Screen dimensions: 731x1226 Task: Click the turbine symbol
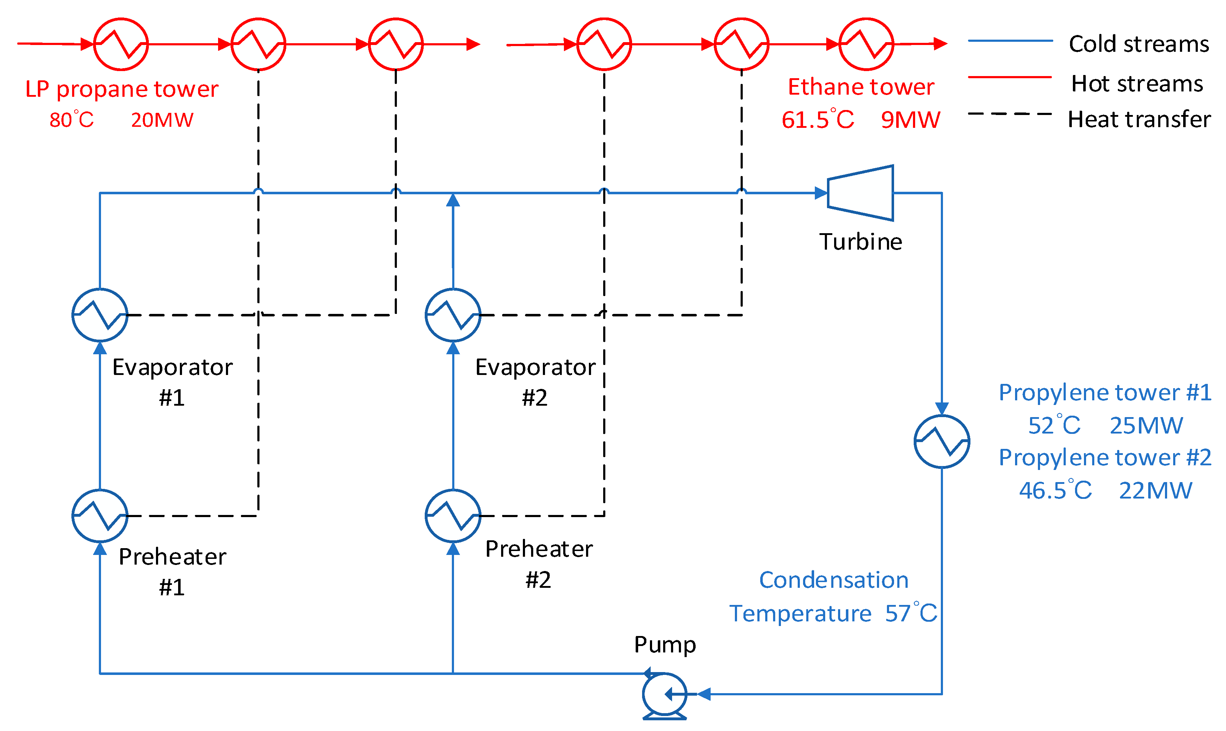pos(861,193)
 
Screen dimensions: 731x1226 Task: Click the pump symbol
pos(665,695)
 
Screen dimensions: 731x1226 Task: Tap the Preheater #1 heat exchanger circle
pos(100,516)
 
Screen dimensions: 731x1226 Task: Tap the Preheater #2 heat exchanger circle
pos(453,516)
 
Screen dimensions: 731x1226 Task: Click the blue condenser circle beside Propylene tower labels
pos(942,442)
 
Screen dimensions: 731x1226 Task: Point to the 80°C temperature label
pos(71,120)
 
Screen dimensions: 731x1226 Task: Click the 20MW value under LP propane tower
pos(162,120)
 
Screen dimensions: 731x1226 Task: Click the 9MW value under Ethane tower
pos(910,120)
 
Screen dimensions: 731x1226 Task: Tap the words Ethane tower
pos(861,87)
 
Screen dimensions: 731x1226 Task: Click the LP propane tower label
pos(122,89)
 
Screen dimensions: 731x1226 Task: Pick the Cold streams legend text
pos(1139,44)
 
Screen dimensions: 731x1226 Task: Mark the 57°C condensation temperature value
pos(910,613)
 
